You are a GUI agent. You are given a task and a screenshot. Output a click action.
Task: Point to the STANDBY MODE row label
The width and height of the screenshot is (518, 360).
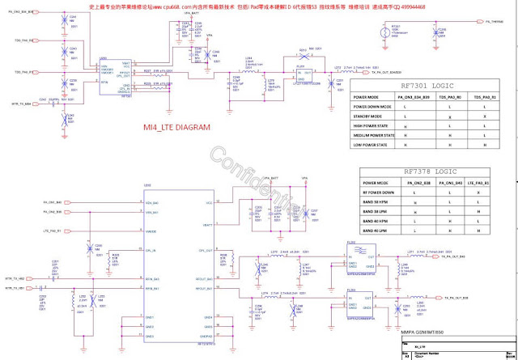click(x=372, y=116)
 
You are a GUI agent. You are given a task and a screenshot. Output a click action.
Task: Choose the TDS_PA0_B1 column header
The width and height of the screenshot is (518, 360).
click(x=484, y=96)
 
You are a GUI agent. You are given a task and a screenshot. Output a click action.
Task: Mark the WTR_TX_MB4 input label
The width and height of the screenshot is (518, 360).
click(x=20, y=104)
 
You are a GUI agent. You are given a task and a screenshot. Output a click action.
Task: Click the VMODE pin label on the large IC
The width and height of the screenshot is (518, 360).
click(x=151, y=231)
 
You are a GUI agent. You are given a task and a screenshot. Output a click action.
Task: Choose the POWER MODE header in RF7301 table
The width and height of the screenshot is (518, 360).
click(x=368, y=96)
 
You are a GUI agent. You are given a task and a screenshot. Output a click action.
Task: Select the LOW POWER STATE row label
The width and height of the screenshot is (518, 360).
click(x=373, y=145)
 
